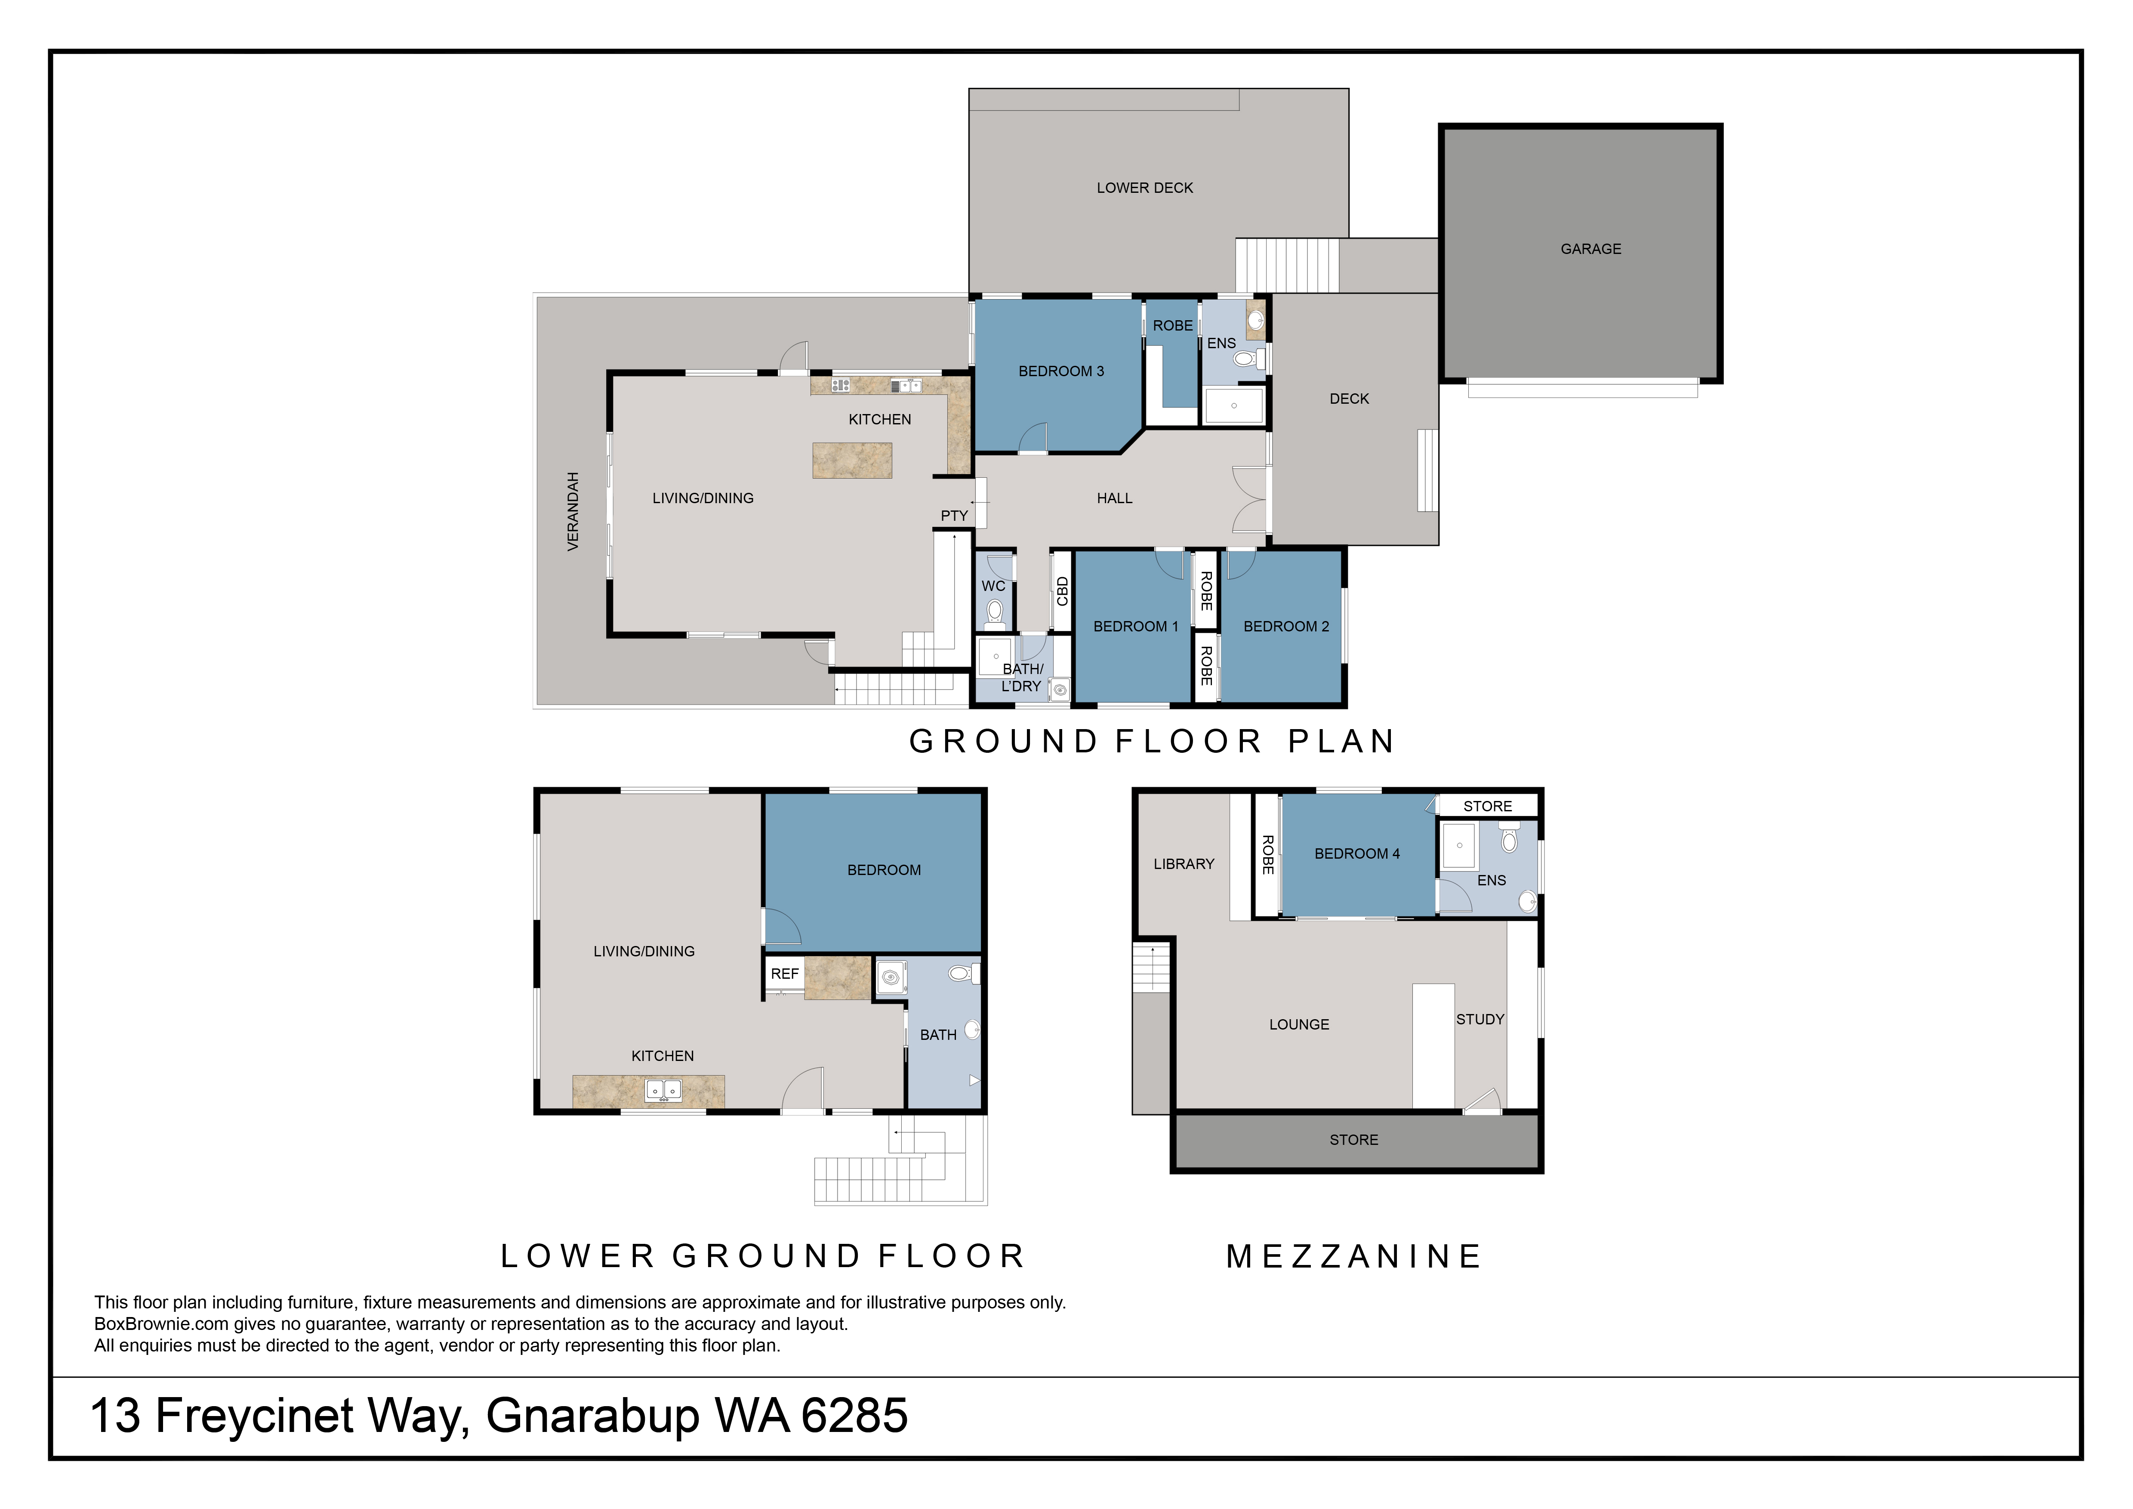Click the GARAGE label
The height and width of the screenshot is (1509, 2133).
[x=1591, y=249]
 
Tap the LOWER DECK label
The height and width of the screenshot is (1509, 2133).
[x=1144, y=188]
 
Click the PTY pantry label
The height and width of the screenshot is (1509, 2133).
[x=954, y=516]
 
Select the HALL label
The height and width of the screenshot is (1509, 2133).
[x=1115, y=498]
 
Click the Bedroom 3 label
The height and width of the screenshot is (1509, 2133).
[x=1061, y=371]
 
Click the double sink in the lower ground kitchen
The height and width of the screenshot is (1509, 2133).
[x=663, y=1090]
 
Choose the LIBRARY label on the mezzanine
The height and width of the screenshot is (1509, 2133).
[x=1184, y=864]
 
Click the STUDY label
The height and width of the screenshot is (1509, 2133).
[x=1480, y=1019]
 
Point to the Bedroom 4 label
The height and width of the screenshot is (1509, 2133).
[x=1356, y=853]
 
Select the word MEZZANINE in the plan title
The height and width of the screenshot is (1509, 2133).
[x=1353, y=1256]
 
